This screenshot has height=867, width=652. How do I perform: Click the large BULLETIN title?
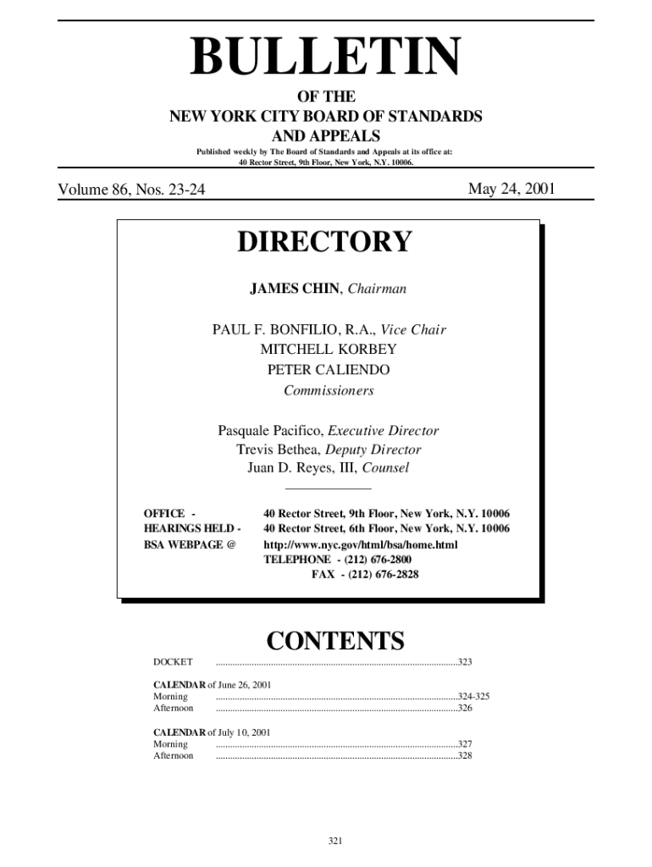coord(326,58)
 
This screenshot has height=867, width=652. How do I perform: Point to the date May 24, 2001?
coord(511,189)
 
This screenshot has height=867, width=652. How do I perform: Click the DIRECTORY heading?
coord(324,242)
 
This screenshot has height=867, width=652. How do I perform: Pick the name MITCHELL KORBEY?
coord(329,349)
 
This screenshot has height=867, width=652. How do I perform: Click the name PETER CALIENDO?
coord(329,370)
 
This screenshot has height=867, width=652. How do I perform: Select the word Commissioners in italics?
coord(329,391)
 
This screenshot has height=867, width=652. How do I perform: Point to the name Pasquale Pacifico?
coord(270,431)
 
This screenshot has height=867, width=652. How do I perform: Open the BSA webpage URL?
coord(361,544)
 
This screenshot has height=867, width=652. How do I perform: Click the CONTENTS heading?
coord(335,640)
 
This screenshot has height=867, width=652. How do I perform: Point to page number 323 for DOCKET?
coord(465,661)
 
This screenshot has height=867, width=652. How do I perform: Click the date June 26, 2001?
coord(246,684)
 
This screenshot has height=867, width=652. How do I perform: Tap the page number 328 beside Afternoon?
coord(465,755)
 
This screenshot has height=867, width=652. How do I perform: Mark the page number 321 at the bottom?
coord(334,841)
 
